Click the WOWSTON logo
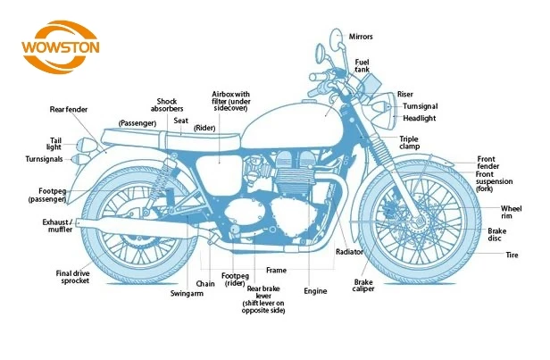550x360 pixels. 61,45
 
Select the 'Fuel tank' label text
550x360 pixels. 362,65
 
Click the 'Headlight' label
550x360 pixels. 419,118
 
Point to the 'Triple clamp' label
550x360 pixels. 409,143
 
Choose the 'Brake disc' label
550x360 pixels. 497,234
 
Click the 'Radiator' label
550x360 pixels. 349,252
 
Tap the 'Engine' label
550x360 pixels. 315,291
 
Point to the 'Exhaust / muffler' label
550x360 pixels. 59,226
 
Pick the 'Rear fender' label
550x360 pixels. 68,110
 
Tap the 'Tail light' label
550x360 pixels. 54,143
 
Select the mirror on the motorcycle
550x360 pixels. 336,40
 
